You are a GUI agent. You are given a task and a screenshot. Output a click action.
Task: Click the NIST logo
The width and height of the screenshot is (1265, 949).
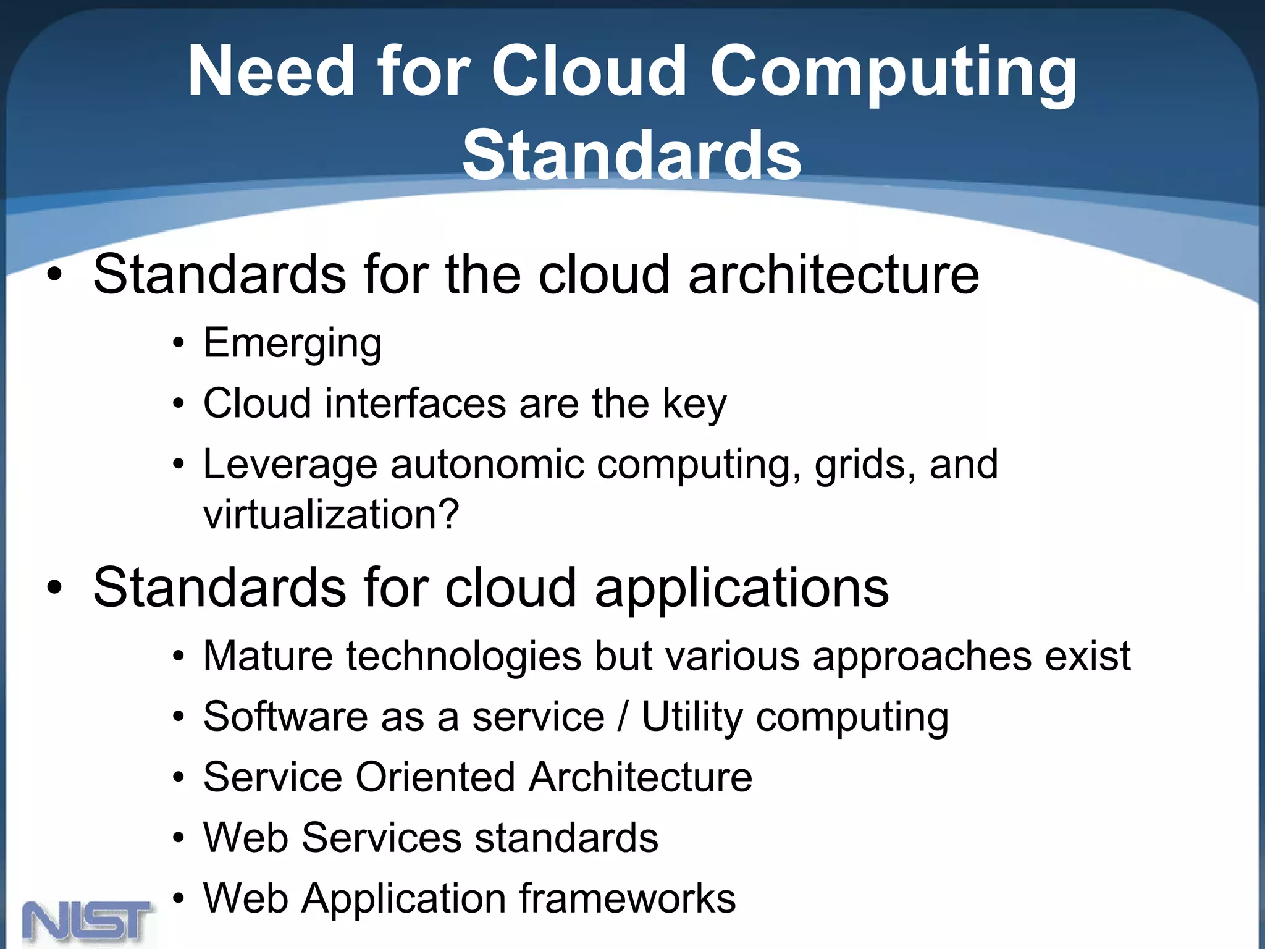pos(86,921)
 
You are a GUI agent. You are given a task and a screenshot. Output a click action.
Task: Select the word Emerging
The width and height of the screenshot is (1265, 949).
pos(292,344)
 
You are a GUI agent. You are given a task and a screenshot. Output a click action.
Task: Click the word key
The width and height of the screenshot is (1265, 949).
pos(694,405)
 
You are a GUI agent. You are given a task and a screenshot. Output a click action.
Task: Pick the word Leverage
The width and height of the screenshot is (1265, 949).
pos(290,465)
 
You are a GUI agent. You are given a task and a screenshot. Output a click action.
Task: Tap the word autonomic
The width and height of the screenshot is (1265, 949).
pos(487,465)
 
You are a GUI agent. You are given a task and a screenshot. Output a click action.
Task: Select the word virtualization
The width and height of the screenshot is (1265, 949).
pos(330,514)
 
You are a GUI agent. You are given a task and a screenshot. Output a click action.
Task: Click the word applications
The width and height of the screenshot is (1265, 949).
pos(741,588)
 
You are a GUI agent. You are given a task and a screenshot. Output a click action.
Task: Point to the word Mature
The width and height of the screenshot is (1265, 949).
pos(267,656)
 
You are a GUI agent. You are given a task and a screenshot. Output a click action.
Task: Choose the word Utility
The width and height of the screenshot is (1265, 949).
pos(692,717)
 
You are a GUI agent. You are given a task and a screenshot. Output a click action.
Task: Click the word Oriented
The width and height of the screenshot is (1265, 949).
pos(435,777)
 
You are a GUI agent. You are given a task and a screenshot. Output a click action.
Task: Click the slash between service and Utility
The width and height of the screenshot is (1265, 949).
pos(623,717)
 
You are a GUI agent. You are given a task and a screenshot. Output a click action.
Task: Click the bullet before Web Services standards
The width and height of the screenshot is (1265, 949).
pos(179,838)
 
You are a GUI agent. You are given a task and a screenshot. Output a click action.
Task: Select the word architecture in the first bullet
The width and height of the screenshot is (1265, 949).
pos(833,274)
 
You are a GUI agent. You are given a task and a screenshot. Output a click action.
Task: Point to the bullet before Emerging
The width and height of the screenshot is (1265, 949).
pos(179,344)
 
